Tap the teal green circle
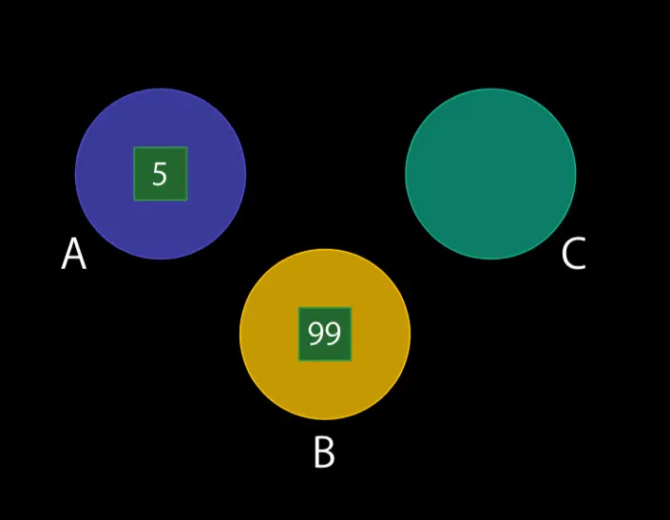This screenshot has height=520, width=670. pos(490,173)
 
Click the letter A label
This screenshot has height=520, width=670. pos(73,255)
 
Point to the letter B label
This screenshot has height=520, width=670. pos(324,453)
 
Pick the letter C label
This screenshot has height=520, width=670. pos(573,255)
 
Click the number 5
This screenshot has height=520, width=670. pos(160,174)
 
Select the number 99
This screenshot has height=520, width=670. pos(324,334)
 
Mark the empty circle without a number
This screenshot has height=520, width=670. pos(490,173)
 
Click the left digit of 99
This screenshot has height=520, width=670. pos(316,334)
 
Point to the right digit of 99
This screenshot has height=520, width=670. pos(333,334)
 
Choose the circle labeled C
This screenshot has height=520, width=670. pos(490,173)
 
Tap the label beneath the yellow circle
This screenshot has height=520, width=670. pos(324,453)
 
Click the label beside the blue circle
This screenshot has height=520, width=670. pos(73,255)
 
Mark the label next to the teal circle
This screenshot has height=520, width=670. pos(573,255)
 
